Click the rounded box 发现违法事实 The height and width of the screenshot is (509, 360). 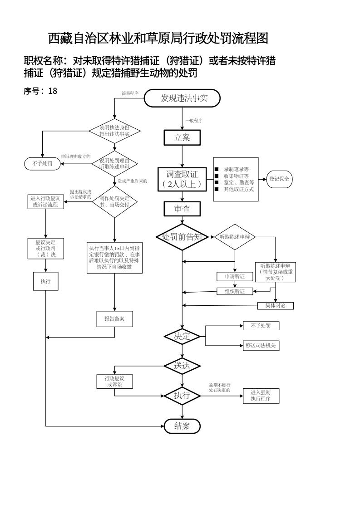[x=182, y=98]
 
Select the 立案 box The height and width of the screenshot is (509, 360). [x=182, y=138]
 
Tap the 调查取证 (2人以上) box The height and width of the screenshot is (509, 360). [x=182, y=180]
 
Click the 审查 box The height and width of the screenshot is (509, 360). [x=182, y=208]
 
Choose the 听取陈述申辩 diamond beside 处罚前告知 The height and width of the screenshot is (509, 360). [x=235, y=237]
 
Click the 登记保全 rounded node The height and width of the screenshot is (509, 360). [x=280, y=179]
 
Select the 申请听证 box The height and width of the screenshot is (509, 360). [x=235, y=276]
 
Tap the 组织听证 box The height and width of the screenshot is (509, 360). [x=235, y=291]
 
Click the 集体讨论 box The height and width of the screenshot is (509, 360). [x=276, y=305]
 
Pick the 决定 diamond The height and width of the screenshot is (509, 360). [x=182, y=336]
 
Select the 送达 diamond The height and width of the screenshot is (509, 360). [x=182, y=365]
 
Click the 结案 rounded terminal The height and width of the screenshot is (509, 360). [x=182, y=426]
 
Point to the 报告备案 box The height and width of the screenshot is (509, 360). [x=114, y=318]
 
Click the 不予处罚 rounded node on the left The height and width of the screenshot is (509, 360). [x=42, y=164]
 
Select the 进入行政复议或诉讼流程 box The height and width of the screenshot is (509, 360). [x=46, y=201]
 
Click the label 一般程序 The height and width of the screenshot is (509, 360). [x=194, y=121]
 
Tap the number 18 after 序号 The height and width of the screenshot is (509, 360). [x=53, y=91]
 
